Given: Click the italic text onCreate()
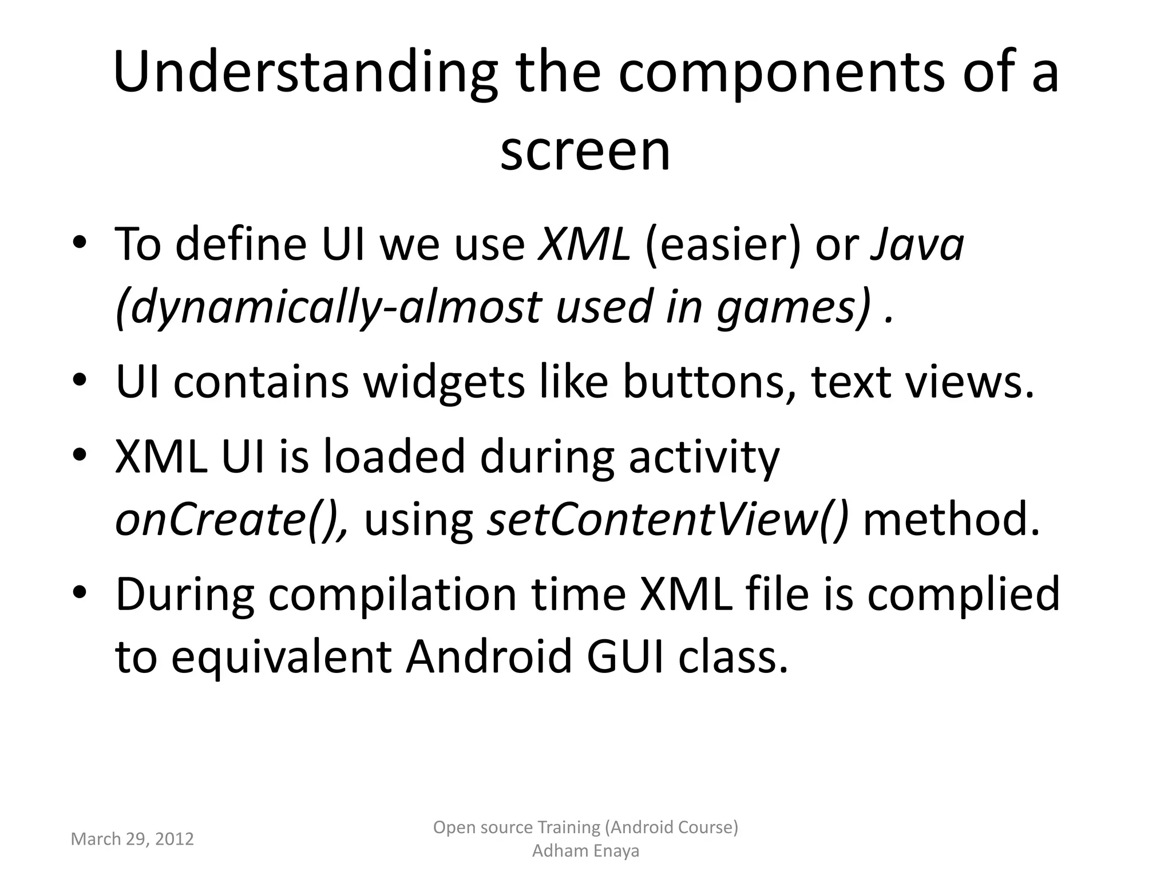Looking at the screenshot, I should coord(232,520).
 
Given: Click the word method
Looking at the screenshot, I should coord(951,520).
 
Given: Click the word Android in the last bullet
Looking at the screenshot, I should coord(489,657).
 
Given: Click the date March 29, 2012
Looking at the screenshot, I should coord(132,839).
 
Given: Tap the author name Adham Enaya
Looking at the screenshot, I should coord(585,851).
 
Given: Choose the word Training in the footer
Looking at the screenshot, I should coord(564,827).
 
